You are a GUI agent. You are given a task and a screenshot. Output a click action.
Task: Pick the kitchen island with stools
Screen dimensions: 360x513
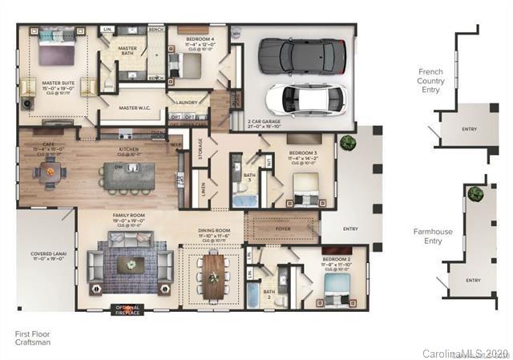click(128, 175)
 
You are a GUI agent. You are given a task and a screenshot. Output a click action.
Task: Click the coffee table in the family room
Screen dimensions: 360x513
click(129, 264)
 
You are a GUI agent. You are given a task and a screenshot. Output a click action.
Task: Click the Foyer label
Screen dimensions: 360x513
click(283, 229)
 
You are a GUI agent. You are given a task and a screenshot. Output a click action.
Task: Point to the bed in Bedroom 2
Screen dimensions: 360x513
click(334, 287)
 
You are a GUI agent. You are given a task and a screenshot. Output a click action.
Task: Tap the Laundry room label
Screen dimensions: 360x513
click(189, 103)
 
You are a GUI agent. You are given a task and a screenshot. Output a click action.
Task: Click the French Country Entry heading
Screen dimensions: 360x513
click(430, 81)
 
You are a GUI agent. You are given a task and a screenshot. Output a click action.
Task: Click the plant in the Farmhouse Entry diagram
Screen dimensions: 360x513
click(475, 193)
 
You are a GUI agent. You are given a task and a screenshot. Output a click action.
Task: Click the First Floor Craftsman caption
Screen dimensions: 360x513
click(34, 337)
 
